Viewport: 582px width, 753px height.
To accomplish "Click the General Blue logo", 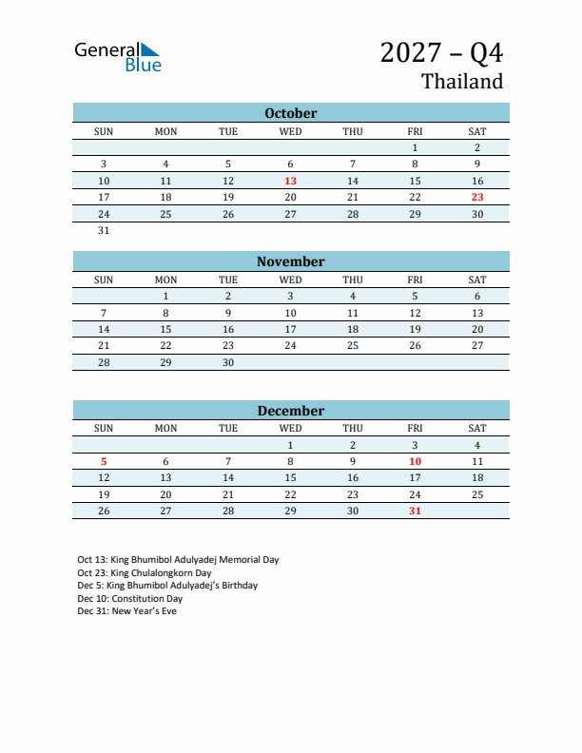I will coord(118,57).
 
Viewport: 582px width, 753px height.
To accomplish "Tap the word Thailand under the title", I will coord(462,82).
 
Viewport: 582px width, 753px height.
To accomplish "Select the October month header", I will coord(291,113).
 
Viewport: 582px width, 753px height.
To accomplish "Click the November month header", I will coord(291,261).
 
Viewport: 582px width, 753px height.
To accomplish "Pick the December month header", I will coord(291,411).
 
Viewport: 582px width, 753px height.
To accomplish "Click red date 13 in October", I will coord(291,181).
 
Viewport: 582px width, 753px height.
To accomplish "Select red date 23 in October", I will coord(477,198).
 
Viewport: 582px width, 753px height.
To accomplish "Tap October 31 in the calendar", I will coord(104,230).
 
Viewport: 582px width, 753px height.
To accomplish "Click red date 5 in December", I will coord(104,461).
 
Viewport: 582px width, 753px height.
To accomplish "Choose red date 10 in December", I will coord(415,461).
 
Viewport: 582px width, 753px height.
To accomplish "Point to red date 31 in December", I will coord(415,511).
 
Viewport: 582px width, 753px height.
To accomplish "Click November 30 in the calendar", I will coord(228,362).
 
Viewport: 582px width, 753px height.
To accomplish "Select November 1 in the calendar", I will coord(165,296).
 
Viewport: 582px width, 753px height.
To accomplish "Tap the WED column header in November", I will coord(291,280).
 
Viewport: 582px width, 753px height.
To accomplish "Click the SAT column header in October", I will coord(477,131).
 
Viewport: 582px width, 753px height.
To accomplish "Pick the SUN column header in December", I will coord(104,429).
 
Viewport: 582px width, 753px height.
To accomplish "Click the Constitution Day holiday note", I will coord(129,599).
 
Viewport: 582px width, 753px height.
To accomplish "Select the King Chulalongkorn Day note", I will coord(144,573).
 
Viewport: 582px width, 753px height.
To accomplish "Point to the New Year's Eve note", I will coord(126,611).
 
